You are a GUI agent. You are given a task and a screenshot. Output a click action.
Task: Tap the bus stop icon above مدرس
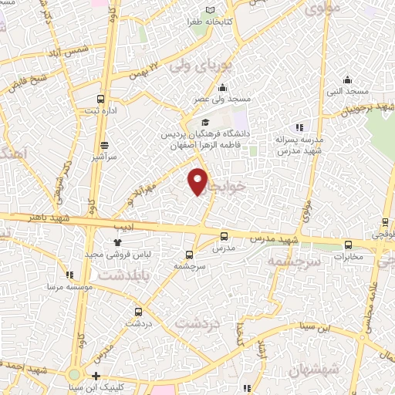[x=224, y=237]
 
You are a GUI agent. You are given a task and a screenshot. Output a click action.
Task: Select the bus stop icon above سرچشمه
[x=189, y=255]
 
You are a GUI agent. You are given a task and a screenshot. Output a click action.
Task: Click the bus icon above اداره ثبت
[x=100, y=99]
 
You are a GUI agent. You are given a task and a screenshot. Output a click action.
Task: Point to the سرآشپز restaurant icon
[x=104, y=144]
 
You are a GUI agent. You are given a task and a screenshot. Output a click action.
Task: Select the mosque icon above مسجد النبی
[x=347, y=79]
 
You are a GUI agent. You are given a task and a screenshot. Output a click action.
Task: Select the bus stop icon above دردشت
[x=138, y=312]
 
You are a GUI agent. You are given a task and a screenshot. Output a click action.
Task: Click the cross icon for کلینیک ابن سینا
[x=95, y=376]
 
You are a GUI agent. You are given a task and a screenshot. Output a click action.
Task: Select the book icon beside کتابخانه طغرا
[x=210, y=11]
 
